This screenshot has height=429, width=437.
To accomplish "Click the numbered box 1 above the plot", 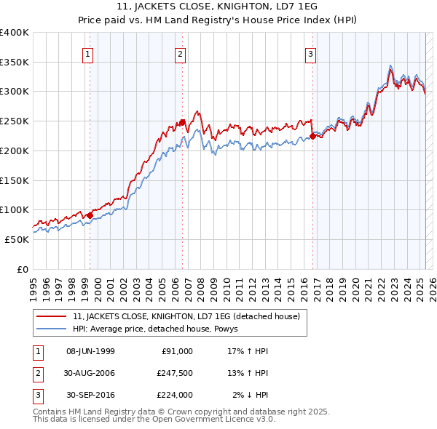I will click(88, 53).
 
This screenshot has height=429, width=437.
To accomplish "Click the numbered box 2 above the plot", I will click(180, 53).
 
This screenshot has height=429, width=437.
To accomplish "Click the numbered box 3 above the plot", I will click(310, 53).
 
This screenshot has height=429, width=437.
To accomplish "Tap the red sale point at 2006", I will click(182, 123).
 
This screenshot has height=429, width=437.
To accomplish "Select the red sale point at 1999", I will click(90, 215).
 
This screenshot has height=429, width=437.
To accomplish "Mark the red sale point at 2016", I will click(312, 136).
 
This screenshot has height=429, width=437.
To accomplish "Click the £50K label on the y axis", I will click(17, 239).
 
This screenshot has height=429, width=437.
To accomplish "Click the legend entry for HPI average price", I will click(160, 329).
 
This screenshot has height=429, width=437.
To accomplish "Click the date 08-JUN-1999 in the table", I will click(90, 351).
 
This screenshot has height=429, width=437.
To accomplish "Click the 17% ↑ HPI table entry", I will click(248, 351).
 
